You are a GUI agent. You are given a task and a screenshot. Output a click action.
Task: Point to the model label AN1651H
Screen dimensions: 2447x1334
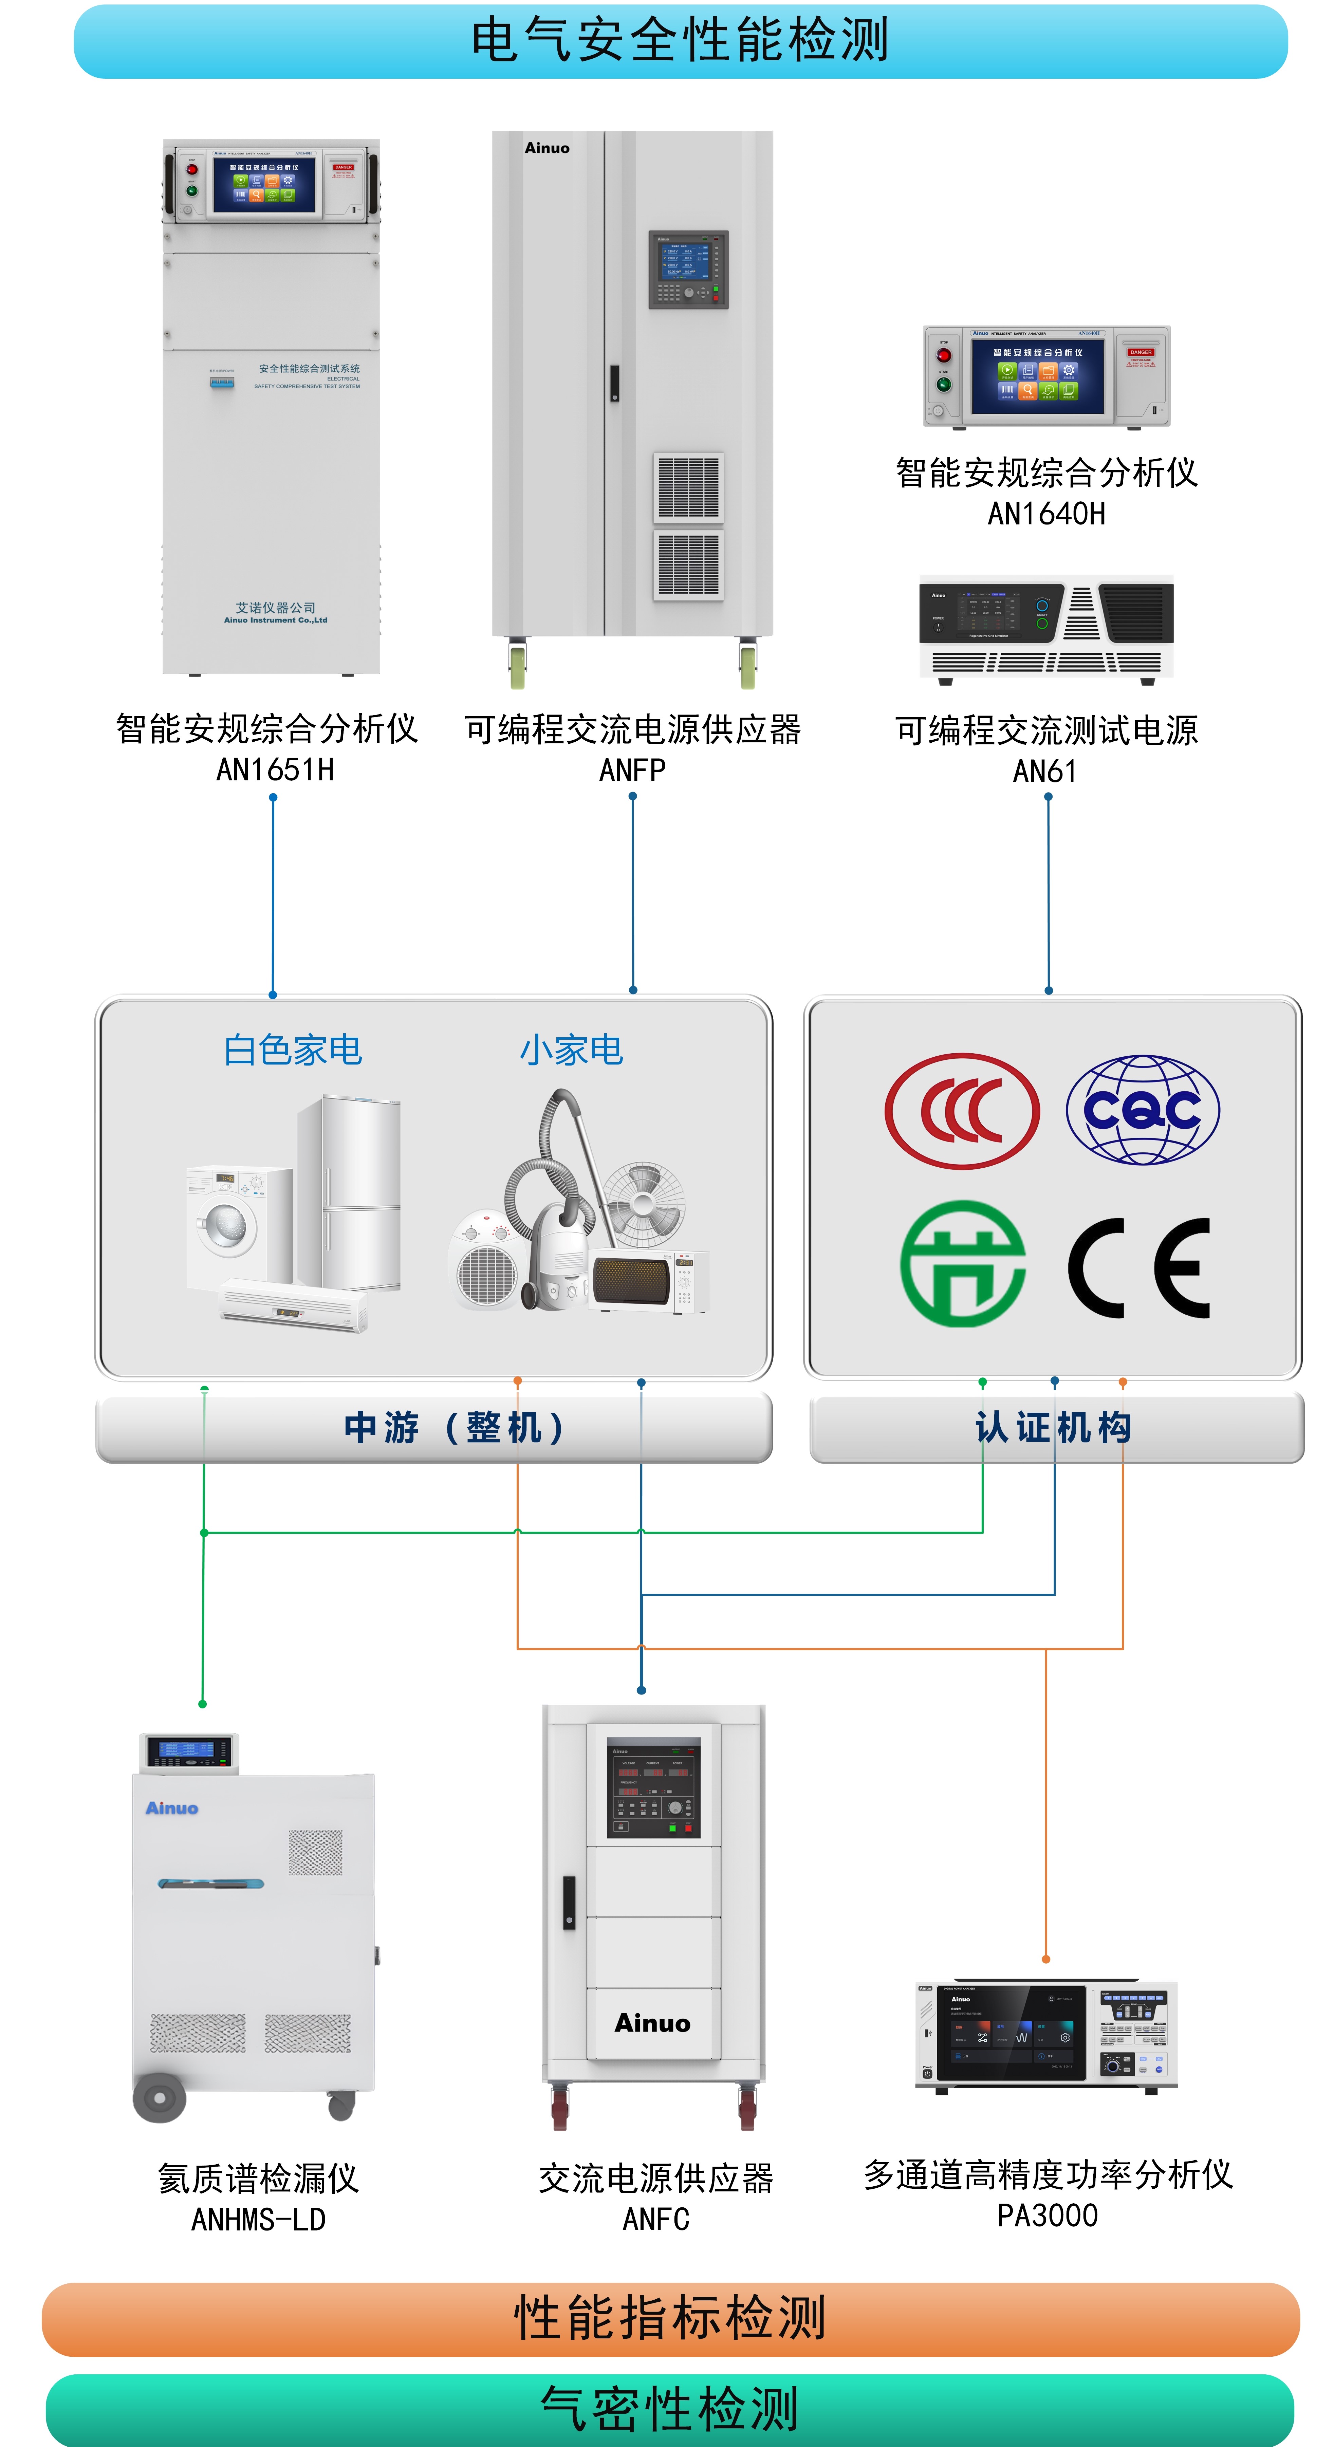(x=275, y=770)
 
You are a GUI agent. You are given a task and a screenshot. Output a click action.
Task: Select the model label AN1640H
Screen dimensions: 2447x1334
(x=1046, y=514)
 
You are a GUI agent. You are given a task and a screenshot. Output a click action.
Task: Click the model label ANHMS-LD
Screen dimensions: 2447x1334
(x=258, y=2220)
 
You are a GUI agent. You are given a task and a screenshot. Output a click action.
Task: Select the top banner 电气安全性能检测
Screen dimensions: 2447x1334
(x=680, y=41)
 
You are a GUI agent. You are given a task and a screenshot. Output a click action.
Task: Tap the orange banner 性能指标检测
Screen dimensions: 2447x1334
(x=670, y=2319)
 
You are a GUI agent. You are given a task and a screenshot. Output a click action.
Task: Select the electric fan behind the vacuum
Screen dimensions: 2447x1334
(x=643, y=1202)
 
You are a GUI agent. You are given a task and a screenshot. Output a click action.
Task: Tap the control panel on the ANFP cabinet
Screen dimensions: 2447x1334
(x=688, y=269)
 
